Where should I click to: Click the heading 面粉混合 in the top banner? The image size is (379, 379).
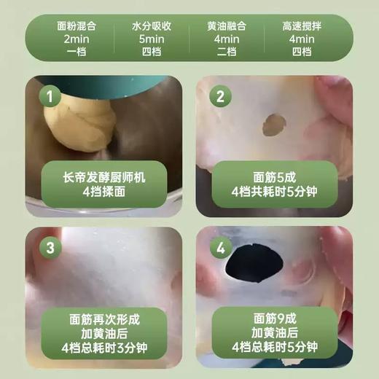point(76,25)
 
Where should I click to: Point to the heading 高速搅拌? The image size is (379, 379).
point(301,25)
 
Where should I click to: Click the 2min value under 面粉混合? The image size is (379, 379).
point(76,39)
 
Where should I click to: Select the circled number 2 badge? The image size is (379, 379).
point(220,95)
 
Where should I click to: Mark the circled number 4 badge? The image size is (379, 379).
point(220,248)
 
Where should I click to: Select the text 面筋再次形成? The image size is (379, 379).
point(104,319)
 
